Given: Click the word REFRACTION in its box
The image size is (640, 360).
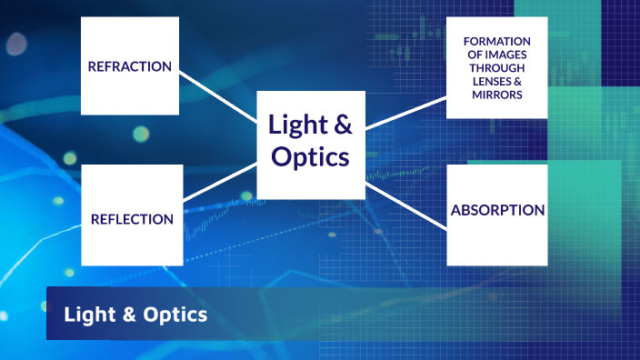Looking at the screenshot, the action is coord(129,66).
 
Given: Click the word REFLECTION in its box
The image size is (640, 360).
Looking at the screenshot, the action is coord(132,219).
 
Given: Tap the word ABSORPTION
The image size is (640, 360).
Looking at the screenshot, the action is coord(497,211).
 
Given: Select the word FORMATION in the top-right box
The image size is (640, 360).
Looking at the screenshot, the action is coord(496,42).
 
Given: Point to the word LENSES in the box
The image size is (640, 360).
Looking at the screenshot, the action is coord(489,81).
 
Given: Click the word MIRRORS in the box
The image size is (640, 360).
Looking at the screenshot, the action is coord(496,95).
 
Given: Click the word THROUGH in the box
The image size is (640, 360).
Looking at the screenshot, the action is coord(496,68).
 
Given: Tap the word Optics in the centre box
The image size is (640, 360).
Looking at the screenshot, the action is coord(310,156).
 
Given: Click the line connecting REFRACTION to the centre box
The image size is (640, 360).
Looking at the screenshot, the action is coord(218,95).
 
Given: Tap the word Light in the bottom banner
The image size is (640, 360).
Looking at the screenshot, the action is coord(88,315).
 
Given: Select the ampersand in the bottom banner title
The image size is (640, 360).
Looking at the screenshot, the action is coord(126,315).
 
